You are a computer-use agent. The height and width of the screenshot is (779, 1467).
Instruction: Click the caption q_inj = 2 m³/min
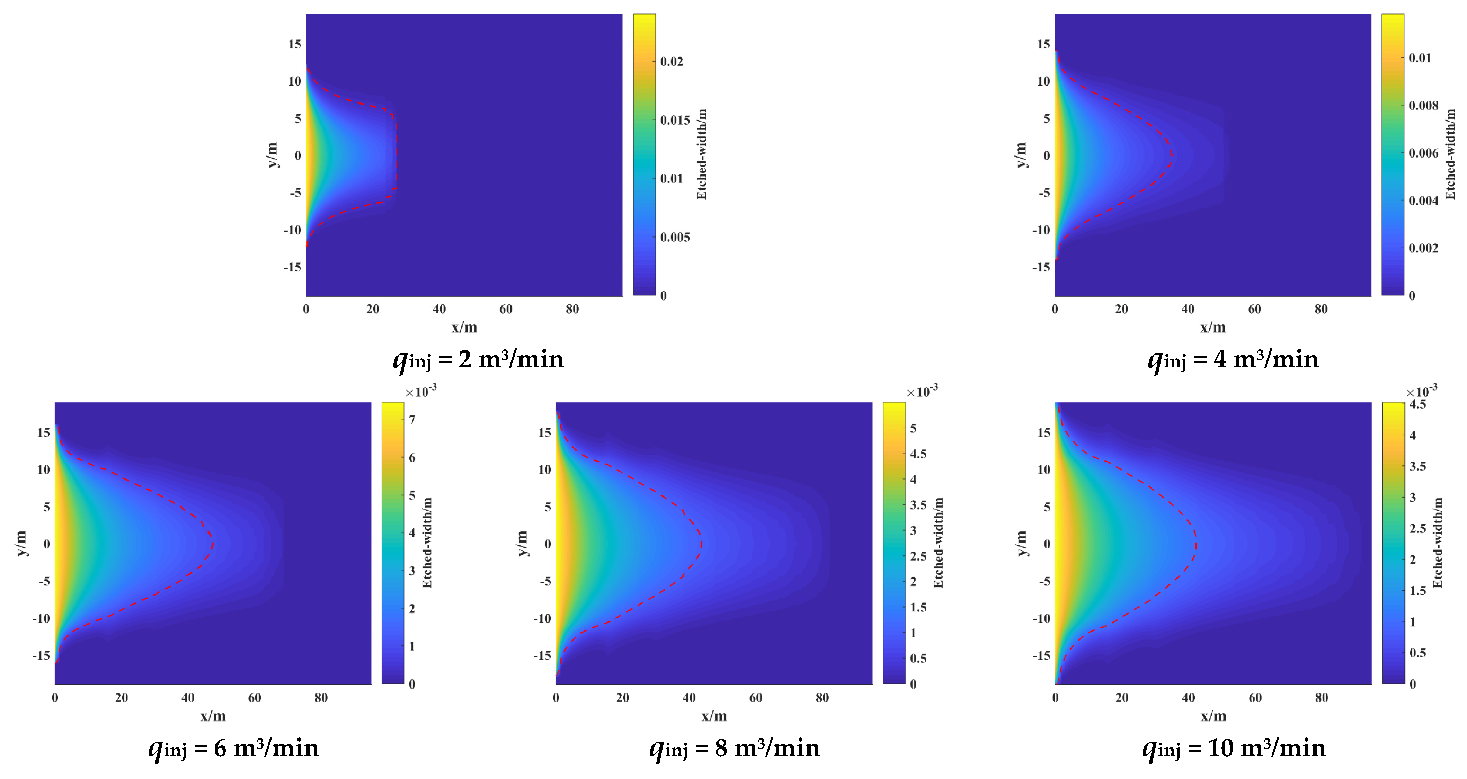coord(478,360)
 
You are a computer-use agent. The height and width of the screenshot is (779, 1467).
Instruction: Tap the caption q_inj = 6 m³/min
coord(233,748)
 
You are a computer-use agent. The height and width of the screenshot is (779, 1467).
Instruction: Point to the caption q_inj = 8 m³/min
coord(735,748)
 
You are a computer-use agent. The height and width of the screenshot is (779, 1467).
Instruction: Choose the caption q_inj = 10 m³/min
coord(1234,748)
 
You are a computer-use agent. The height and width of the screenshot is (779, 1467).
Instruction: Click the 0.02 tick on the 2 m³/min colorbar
coord(672,62)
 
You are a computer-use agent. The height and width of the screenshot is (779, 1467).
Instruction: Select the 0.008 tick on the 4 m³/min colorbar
coord(1424,105)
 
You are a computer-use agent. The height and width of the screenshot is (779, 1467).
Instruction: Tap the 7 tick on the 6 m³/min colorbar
coord(412,420)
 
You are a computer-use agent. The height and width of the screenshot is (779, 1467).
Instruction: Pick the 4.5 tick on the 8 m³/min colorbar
coord(918,454)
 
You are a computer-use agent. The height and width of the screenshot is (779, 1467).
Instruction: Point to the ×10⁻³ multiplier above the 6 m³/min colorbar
coord(421,392)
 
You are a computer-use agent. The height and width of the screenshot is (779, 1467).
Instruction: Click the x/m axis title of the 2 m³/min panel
coord(464,328)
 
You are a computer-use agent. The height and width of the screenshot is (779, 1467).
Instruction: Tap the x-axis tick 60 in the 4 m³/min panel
coord(1255,309)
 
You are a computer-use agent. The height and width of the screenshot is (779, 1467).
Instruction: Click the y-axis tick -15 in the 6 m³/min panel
coord(41,655)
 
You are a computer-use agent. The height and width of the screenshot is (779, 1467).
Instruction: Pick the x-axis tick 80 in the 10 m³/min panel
coord(1321,698)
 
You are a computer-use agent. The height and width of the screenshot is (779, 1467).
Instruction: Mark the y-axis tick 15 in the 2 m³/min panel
coord(294,44)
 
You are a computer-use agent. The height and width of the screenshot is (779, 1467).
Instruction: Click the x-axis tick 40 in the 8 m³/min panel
coord(689,698)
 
